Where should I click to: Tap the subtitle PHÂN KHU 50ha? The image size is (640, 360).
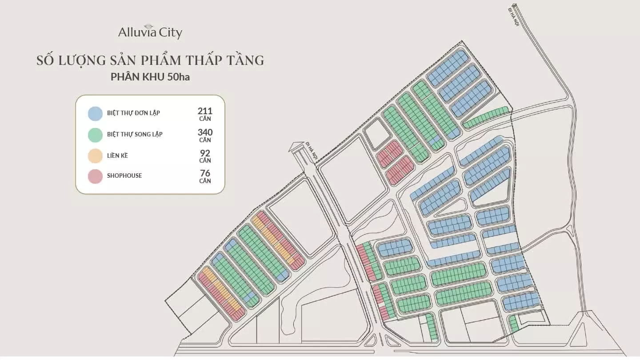click(150, 76)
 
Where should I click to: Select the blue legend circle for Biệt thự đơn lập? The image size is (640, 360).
click(95, 113)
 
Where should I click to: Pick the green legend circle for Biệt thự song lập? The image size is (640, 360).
click(95, 134)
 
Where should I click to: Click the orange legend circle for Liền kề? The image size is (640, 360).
click(95, 156)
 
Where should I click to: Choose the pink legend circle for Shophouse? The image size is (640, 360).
click(95, 176)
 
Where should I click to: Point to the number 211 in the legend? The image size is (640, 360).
click(205, 111)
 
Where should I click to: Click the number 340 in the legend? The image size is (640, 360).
click(205, 132)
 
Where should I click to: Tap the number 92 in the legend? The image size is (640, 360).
click(205, 152)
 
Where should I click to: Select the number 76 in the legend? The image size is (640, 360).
click(205, 173)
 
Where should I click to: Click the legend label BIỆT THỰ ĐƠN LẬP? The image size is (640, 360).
click(133, 113)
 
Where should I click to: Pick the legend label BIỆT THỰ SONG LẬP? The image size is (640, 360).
click(135, 134)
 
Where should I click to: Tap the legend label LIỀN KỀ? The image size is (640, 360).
click(117, 156)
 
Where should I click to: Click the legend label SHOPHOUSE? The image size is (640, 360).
click(124, 176)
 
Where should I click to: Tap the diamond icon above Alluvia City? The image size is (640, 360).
click(150, 25)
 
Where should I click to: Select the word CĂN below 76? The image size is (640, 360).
click(205, 181)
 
